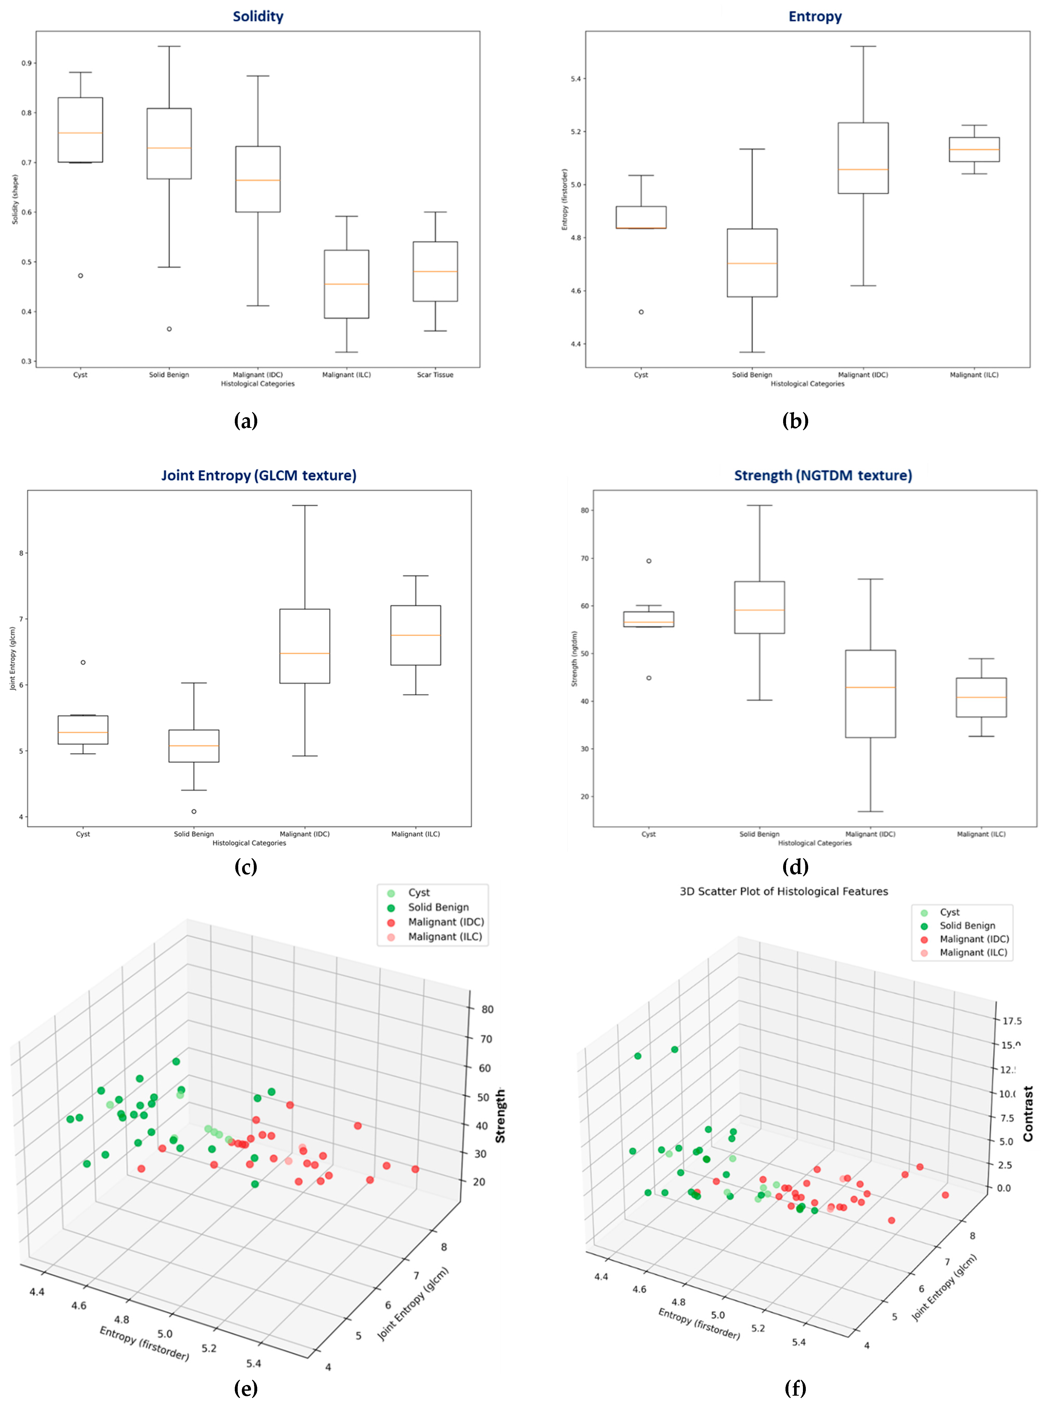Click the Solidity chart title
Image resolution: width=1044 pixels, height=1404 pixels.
tap(258, 16)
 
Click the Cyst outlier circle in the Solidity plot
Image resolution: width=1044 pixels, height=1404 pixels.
tap(80, 275)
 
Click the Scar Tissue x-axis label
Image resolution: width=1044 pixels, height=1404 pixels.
tap(435, 375)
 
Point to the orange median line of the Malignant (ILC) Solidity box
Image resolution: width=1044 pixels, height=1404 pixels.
tap(346, 284)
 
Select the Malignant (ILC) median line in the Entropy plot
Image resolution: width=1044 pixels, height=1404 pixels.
tap(974, 150)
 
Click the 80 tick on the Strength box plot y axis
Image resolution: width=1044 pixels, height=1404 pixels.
tap(585, 510)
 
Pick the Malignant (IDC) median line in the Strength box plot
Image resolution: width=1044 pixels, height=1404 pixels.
tap(870, 687)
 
